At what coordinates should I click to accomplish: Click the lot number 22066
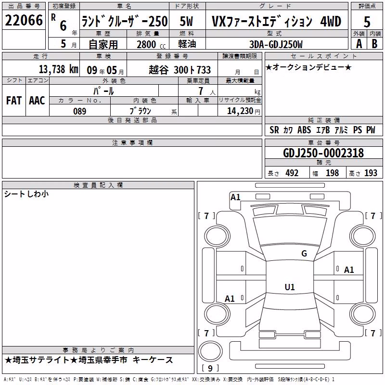24,20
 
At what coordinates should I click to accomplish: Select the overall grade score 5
367,22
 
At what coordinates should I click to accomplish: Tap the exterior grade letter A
359,44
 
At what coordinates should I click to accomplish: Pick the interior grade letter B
374,44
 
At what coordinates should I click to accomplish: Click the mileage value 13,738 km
59,69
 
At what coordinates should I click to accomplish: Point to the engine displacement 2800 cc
151,44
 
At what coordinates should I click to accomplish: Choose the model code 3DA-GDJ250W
276,44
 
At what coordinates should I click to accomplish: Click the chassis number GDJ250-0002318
323,153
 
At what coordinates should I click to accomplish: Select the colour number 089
80,111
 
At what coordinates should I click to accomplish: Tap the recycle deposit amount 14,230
240,111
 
